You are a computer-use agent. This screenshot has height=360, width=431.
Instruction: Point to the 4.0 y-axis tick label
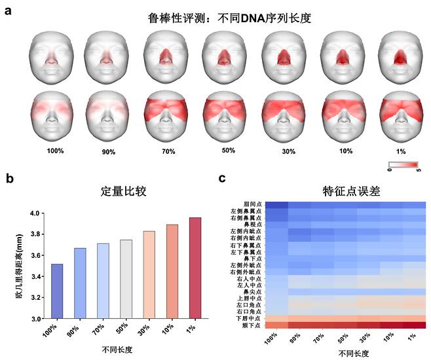pos(37,213)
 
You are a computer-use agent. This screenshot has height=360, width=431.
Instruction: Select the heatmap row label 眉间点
pos(253,205)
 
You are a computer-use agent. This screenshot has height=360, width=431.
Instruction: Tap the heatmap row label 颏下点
pos(253,325)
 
